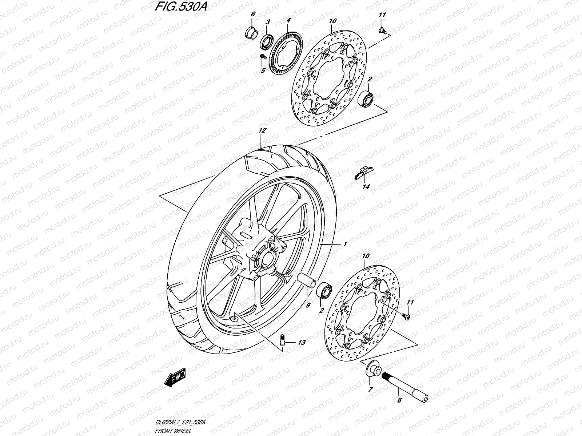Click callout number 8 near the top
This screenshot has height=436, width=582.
coord(253,14)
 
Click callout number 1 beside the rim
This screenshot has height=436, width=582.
coord(344,244)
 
